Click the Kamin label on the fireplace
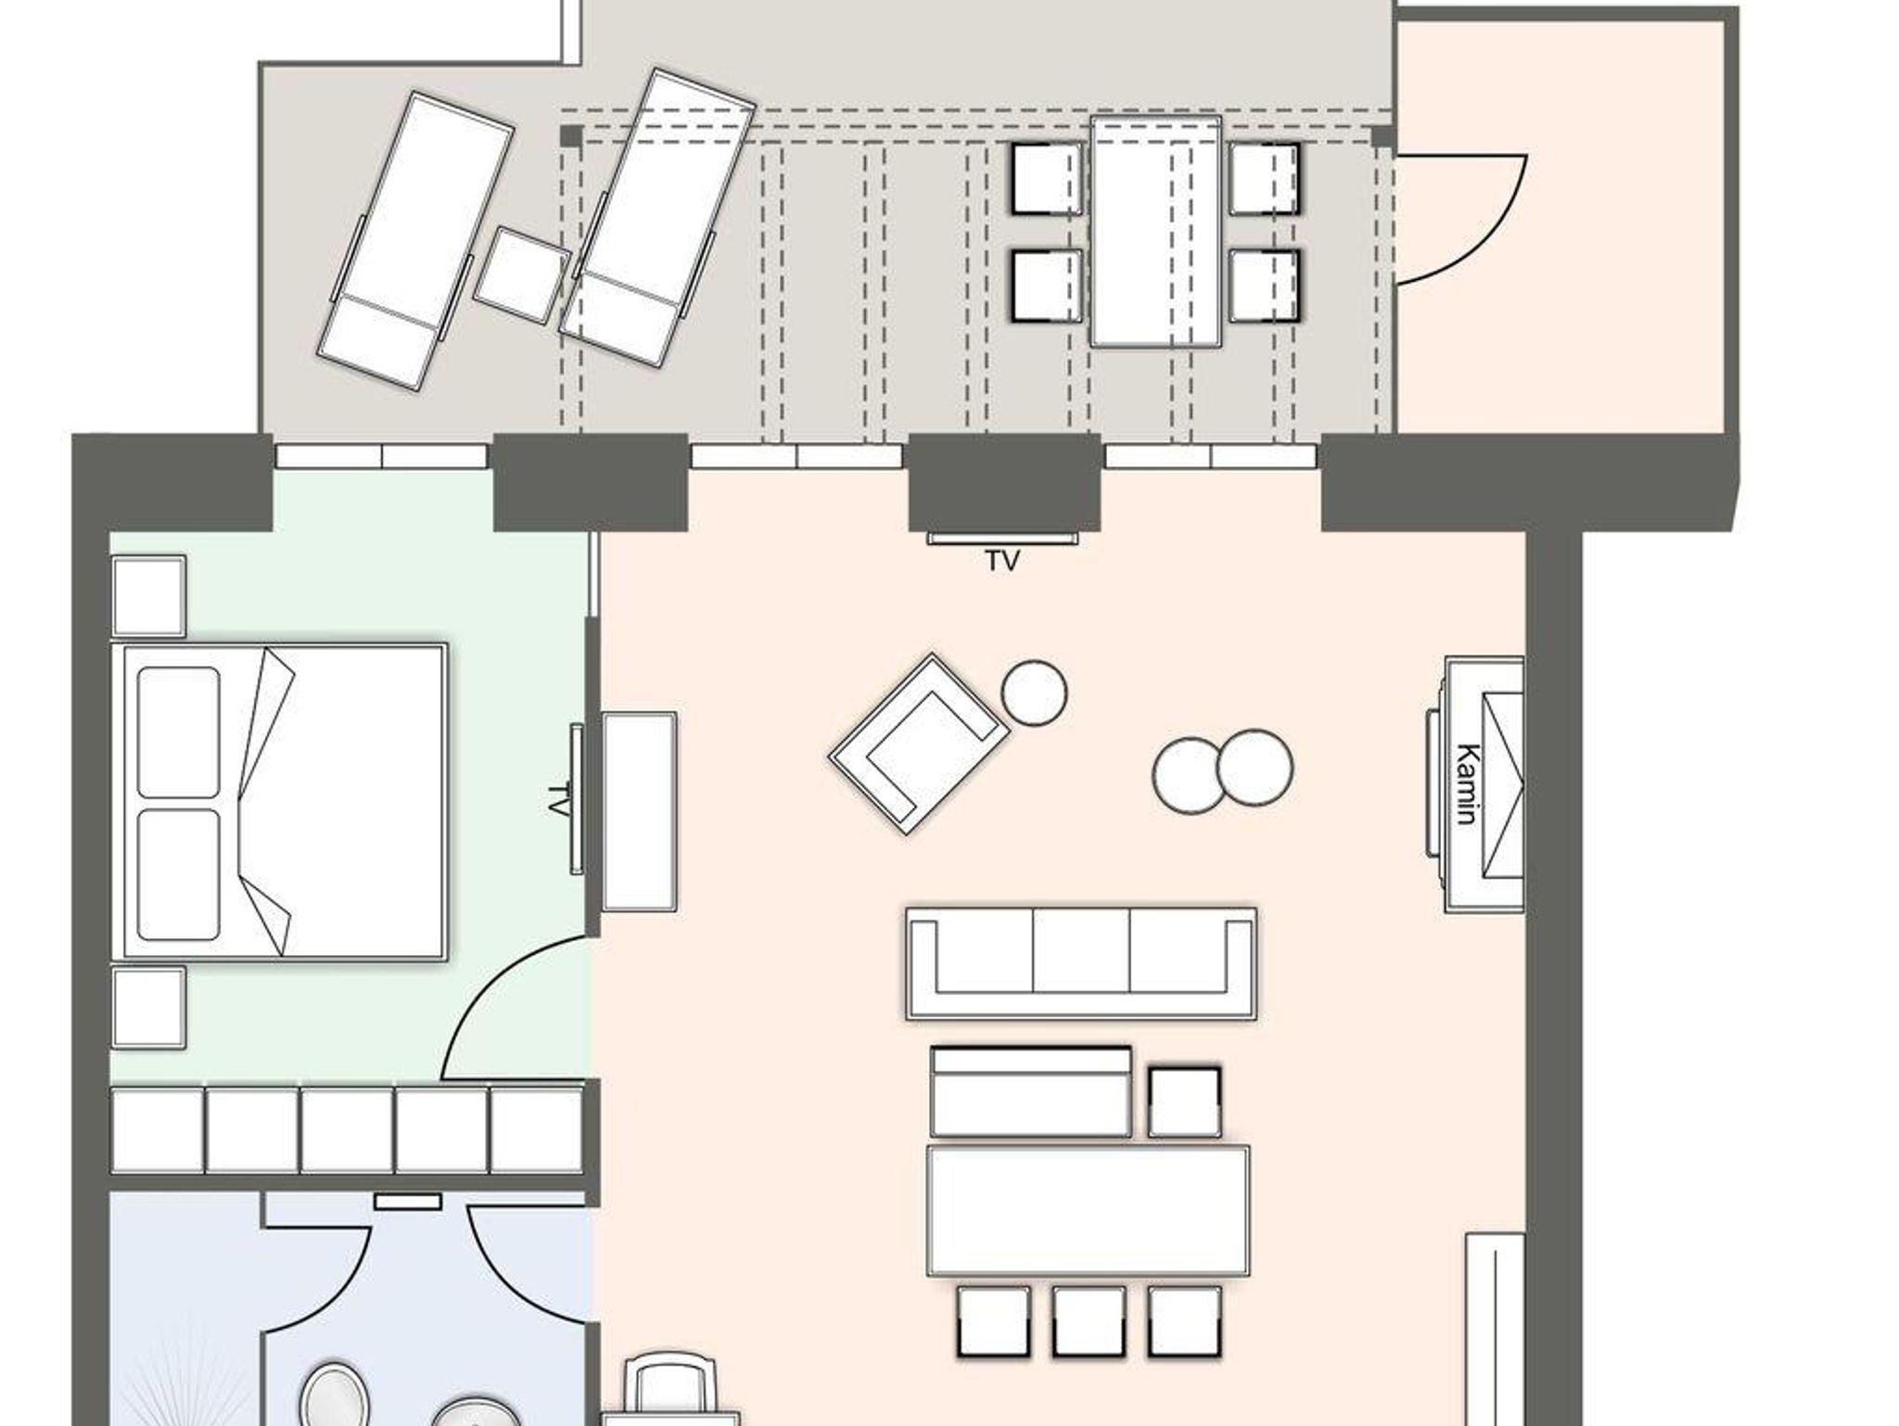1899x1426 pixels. pos(1466,783)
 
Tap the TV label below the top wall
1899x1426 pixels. pos(1003,561)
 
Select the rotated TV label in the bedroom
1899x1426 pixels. pos(557,799)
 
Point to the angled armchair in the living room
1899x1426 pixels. pos(919,744)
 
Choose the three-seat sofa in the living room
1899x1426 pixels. pos(1081,963)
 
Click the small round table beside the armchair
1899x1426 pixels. pos(1034,692)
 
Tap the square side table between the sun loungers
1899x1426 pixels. pos(522,276)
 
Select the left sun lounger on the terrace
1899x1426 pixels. pos(415,240)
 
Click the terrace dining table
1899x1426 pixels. pos(1155,232)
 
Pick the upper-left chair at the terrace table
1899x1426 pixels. pos(1047,178)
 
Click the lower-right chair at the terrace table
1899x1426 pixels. pos(1265,286)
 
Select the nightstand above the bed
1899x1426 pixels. pos(148,596)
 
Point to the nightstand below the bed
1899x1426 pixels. pos(148,1008)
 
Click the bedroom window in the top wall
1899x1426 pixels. pos(381,456)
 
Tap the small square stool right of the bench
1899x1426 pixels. pos(1184,1102)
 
